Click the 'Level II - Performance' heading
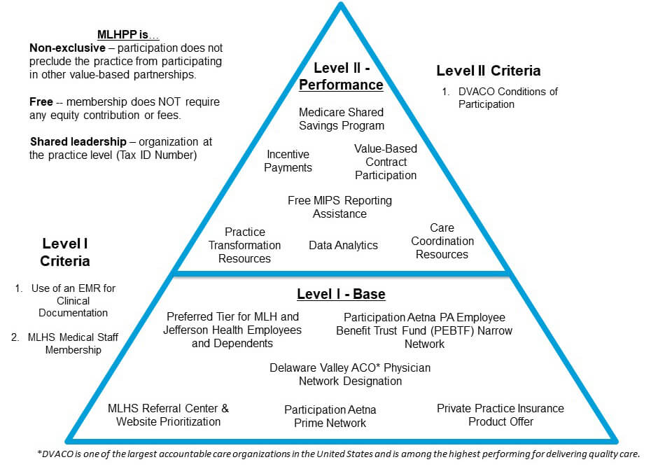(341, 76)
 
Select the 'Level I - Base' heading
(341, 294)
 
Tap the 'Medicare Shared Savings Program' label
(341, 119)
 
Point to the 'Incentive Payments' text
(288, 161)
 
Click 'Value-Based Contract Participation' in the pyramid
(385, 162)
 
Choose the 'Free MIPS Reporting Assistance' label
(339, 207)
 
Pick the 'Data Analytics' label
(343, 245)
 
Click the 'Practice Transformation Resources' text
(244, 245)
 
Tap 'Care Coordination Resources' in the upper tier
(442, 241)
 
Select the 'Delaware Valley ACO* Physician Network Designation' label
(350, 374)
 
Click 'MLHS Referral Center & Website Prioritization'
(168, 415)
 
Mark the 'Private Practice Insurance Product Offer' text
(500, 415)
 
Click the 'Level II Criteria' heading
(488, 71)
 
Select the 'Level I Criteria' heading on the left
(65, 252)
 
